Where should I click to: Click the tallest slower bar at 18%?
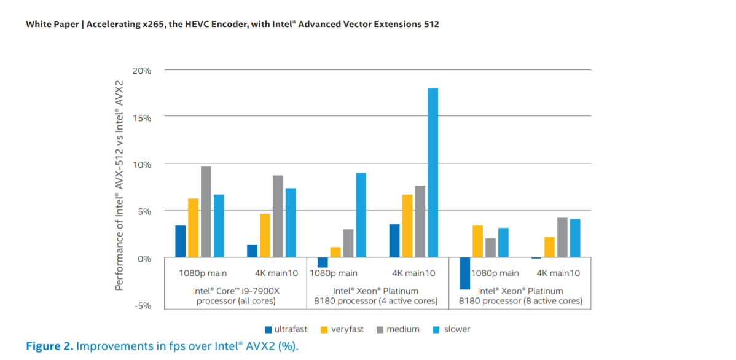tap(433, 173)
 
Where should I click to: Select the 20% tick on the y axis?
tap(142, 71)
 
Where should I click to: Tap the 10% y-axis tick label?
tap(142, 165)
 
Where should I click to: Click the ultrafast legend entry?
tap(286, 329)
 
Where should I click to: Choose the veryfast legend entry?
tap(342, 329)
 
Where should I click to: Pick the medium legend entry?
tap(397, 329)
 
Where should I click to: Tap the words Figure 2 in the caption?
tap(49, 346)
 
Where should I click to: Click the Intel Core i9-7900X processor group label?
tap(236, 295)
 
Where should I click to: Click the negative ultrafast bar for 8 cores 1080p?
tap(464, 273)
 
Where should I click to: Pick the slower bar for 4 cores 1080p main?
tap(361, 215)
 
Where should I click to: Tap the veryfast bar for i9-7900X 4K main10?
tap(265, 235)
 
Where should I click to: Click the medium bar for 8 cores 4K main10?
tap(562, 237)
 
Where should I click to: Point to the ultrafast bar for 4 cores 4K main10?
tap(394, 241)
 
